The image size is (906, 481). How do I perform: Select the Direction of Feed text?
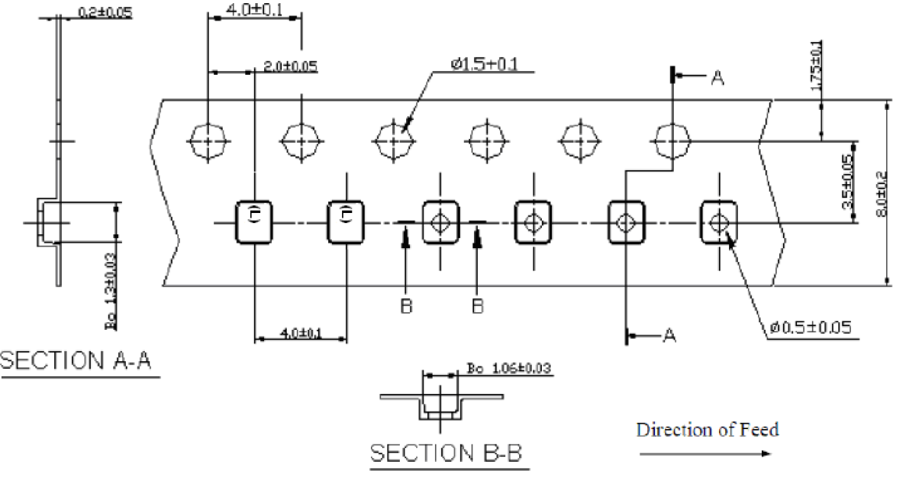pyautogui.click(x=708, y=430)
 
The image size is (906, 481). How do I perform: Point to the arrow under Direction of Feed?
pyautogui.click(x=704, y=453)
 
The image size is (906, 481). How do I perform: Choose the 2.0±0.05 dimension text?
pyautogui.click(x=290, y=66)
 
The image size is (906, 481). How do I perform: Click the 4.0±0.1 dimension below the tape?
pyautogui.click(x=301, y=333)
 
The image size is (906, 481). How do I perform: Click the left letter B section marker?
pyautogui.click(x=406, y=307)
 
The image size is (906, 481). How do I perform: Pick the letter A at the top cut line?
pyautogui.click(x=717, y=76)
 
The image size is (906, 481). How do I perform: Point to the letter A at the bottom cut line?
pyautogui.click(x=669, y=335)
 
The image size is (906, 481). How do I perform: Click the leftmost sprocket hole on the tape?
pyautogui.click(x=208, y=140)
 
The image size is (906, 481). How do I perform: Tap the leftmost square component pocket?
pyautogui.click(x=253, y=222)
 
